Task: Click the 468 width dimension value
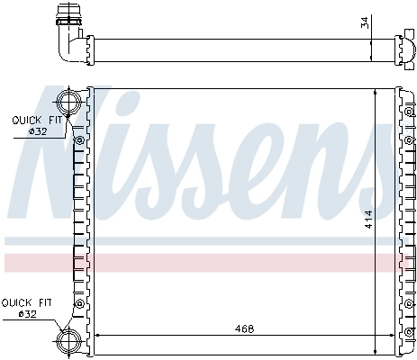click(x=244, y=329)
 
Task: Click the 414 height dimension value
click(x=368, y=220)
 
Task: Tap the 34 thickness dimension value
click(x=365, y=22)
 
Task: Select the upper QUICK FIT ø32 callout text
click(x=37, y=126)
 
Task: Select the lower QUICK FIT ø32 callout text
click(x=27, y=308)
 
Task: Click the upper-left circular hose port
click(x=69, y=102)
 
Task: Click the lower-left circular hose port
click(x=69, y=340)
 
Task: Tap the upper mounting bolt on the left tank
click(x=80, y=140)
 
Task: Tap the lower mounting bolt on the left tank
click(x=79, y=304)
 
